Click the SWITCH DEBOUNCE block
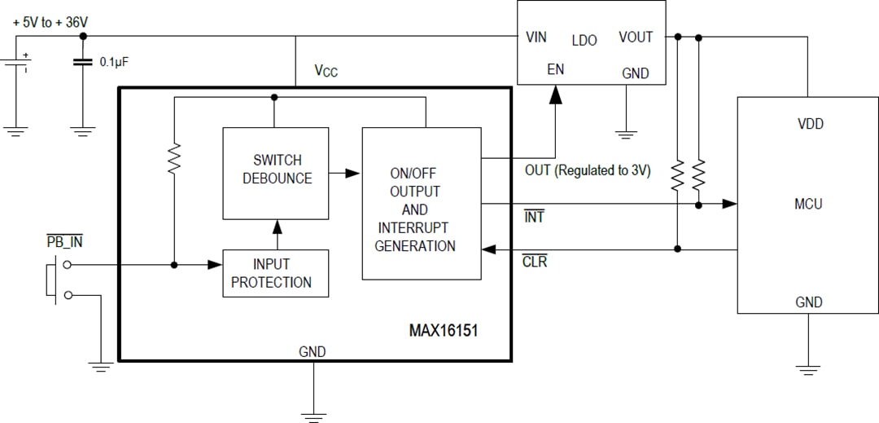(x=276, y=173)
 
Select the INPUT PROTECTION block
(x=276, y=274)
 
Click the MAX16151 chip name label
(x=449, y=332)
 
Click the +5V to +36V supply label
(x=50, y=23)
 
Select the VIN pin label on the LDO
(x=536, y=37)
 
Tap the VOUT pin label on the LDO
(x=636, y=37)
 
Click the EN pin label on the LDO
(x=555, y=70)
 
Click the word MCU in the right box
(x=808, y=204)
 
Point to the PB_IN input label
(x=65, y=242)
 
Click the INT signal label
(x=534, y=218)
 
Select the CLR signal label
(x=535, y=262)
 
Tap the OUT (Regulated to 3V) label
(x=588, y=171)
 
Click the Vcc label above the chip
(x=326, y=71)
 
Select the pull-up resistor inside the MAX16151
(x=174, y=160)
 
